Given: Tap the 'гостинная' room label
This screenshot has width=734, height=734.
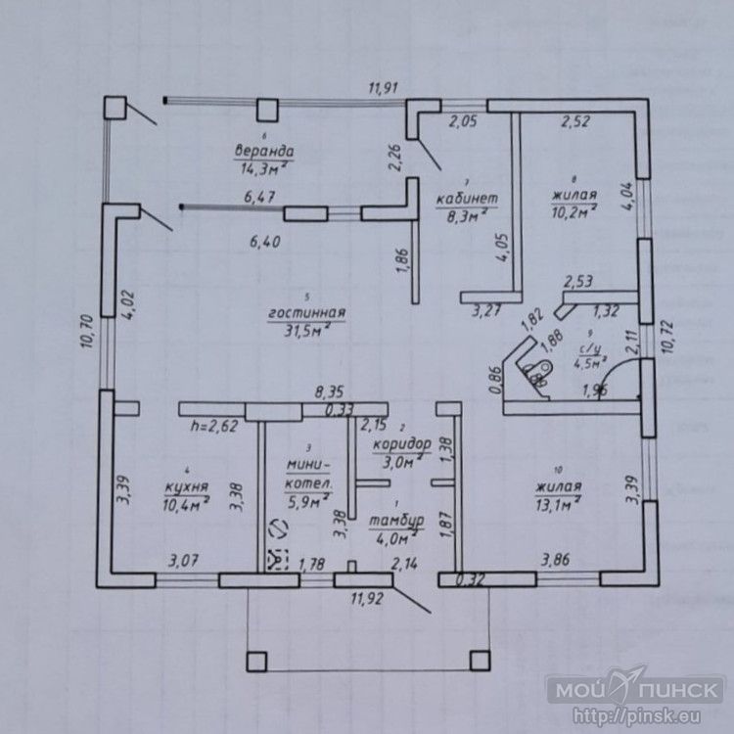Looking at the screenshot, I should (x=307, y=313).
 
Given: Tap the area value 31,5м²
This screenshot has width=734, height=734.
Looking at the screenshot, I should (x=308, y=330).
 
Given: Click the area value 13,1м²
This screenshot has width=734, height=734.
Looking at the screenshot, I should (x=558, y=504).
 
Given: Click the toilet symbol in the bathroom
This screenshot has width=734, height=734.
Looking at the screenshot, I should (x=536, y=371).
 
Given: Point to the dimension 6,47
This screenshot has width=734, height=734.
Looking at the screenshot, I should (x=259, y=198).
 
